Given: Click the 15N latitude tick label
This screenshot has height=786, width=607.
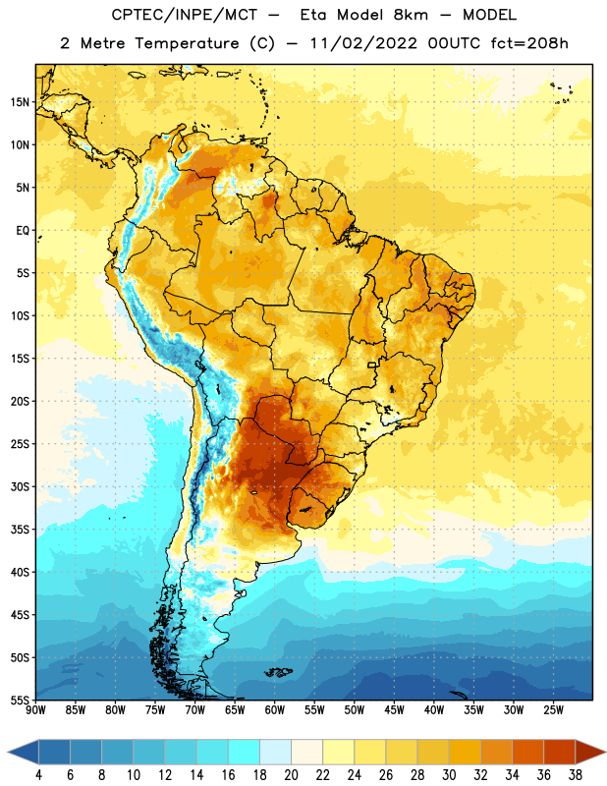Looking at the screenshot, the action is (20, 102).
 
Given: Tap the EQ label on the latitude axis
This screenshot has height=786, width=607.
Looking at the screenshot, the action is (23, 231).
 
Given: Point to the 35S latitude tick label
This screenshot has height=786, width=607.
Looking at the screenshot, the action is (20, 530).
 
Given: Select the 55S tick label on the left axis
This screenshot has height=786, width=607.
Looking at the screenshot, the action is (20, 701).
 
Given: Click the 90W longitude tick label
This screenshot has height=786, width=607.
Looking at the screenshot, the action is (35, 710).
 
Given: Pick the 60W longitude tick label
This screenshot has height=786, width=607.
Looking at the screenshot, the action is (275, 710).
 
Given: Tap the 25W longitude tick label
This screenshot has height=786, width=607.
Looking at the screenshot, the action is (553, 710).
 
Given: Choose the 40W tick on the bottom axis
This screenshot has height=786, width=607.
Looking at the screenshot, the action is (434, 710).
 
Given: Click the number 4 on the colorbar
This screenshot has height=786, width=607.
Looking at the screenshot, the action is (38, 775).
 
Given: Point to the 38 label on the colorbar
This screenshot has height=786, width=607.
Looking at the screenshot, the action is (576, 775).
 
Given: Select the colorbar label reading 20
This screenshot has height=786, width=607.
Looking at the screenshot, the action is (291, 775).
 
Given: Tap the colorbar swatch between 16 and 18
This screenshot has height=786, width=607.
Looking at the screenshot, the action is (245, 753).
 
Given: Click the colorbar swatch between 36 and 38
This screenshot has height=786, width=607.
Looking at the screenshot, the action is (560, 753).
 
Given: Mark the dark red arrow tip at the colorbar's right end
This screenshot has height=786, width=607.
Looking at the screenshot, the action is (605, 753).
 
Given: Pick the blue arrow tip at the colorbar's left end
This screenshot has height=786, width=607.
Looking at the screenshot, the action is (8, 753).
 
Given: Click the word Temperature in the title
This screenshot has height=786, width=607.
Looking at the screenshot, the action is (187, 43).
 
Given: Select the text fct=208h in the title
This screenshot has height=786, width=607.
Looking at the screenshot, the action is (529, 43).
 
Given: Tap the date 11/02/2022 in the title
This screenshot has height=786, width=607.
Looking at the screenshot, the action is (363, 43).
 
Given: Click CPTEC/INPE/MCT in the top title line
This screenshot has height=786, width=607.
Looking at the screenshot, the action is (185, 15).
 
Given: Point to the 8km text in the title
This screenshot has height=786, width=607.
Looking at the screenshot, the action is (411, 15).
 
